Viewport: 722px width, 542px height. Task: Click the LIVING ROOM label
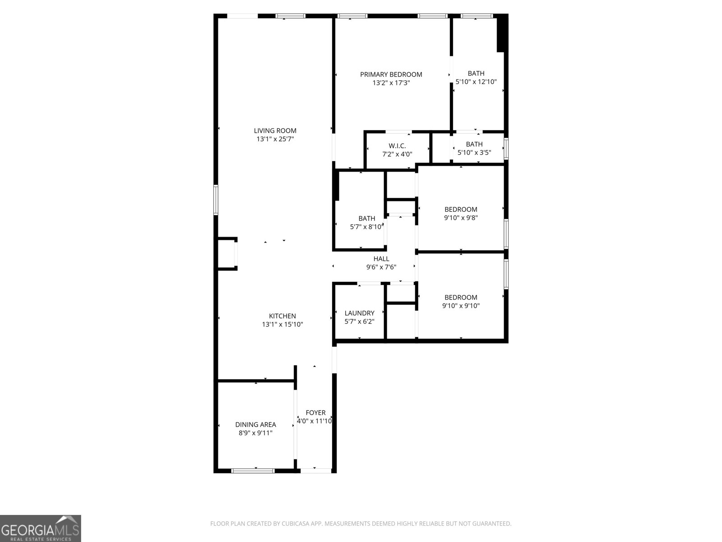275,131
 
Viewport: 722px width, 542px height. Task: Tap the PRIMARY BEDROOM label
391,75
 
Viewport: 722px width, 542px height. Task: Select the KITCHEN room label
282,316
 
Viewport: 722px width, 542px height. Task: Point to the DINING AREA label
255,425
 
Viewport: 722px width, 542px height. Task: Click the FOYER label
315,412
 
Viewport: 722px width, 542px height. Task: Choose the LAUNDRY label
359,313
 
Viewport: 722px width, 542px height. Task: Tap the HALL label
381,259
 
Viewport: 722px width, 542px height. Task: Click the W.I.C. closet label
397,146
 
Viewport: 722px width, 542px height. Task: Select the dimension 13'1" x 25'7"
275,140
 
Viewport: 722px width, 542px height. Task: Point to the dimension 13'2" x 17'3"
391,83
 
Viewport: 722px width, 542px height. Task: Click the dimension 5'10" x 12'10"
476,82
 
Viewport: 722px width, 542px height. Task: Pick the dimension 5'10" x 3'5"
474,153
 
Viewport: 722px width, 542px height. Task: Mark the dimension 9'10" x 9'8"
461,218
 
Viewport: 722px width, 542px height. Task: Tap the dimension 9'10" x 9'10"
461,306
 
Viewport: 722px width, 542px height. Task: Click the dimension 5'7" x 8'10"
366,227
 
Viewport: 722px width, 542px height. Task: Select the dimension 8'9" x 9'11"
255,433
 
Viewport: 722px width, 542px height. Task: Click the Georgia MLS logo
40,528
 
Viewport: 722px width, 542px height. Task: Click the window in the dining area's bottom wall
253,471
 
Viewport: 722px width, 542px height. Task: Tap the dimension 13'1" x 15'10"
282,325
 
